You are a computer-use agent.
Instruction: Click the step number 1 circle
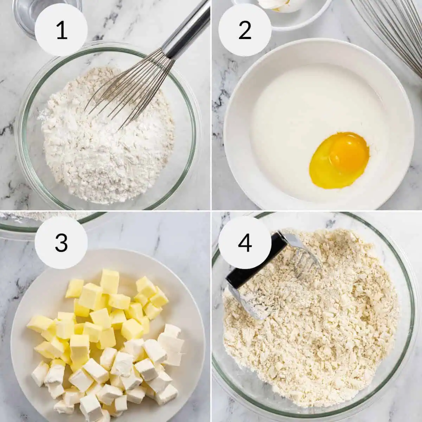(x=62, y=30)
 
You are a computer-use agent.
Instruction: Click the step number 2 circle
(x=245, y=30)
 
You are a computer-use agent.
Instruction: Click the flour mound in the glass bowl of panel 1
(x=105, y=148)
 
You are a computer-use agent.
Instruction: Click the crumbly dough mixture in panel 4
(x=316, y=334)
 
